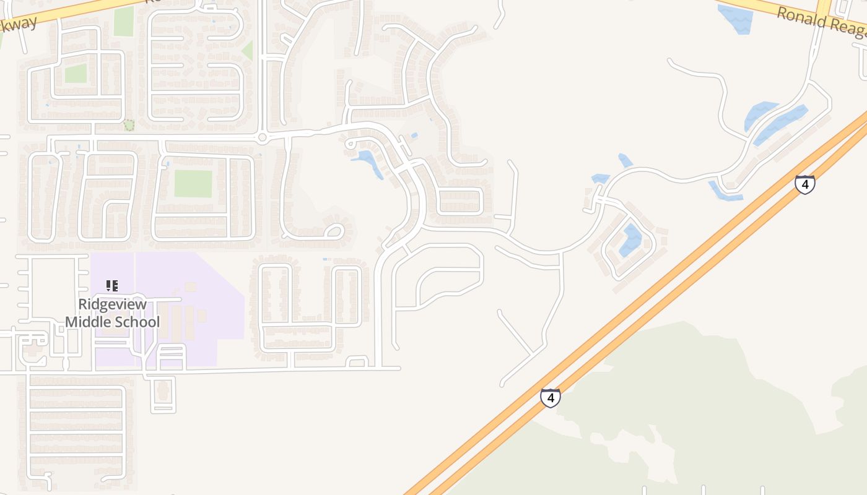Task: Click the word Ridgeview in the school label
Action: pos(112,304)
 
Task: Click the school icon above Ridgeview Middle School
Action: pos(112,286)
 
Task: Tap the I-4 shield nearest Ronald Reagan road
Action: pos(804,184)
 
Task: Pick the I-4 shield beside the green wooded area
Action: pos(550,397)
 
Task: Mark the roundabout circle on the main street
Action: pos(262,137)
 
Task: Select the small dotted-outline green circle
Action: pos(129,125)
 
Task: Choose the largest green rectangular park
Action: pos(193,183)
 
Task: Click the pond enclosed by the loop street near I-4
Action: pos(631,240)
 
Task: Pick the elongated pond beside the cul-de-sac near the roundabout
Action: pos(370,163)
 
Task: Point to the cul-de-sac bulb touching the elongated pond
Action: pos(351,144)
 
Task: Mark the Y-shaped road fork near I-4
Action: pos(532,356)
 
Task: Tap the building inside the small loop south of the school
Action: pos(162,390)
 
